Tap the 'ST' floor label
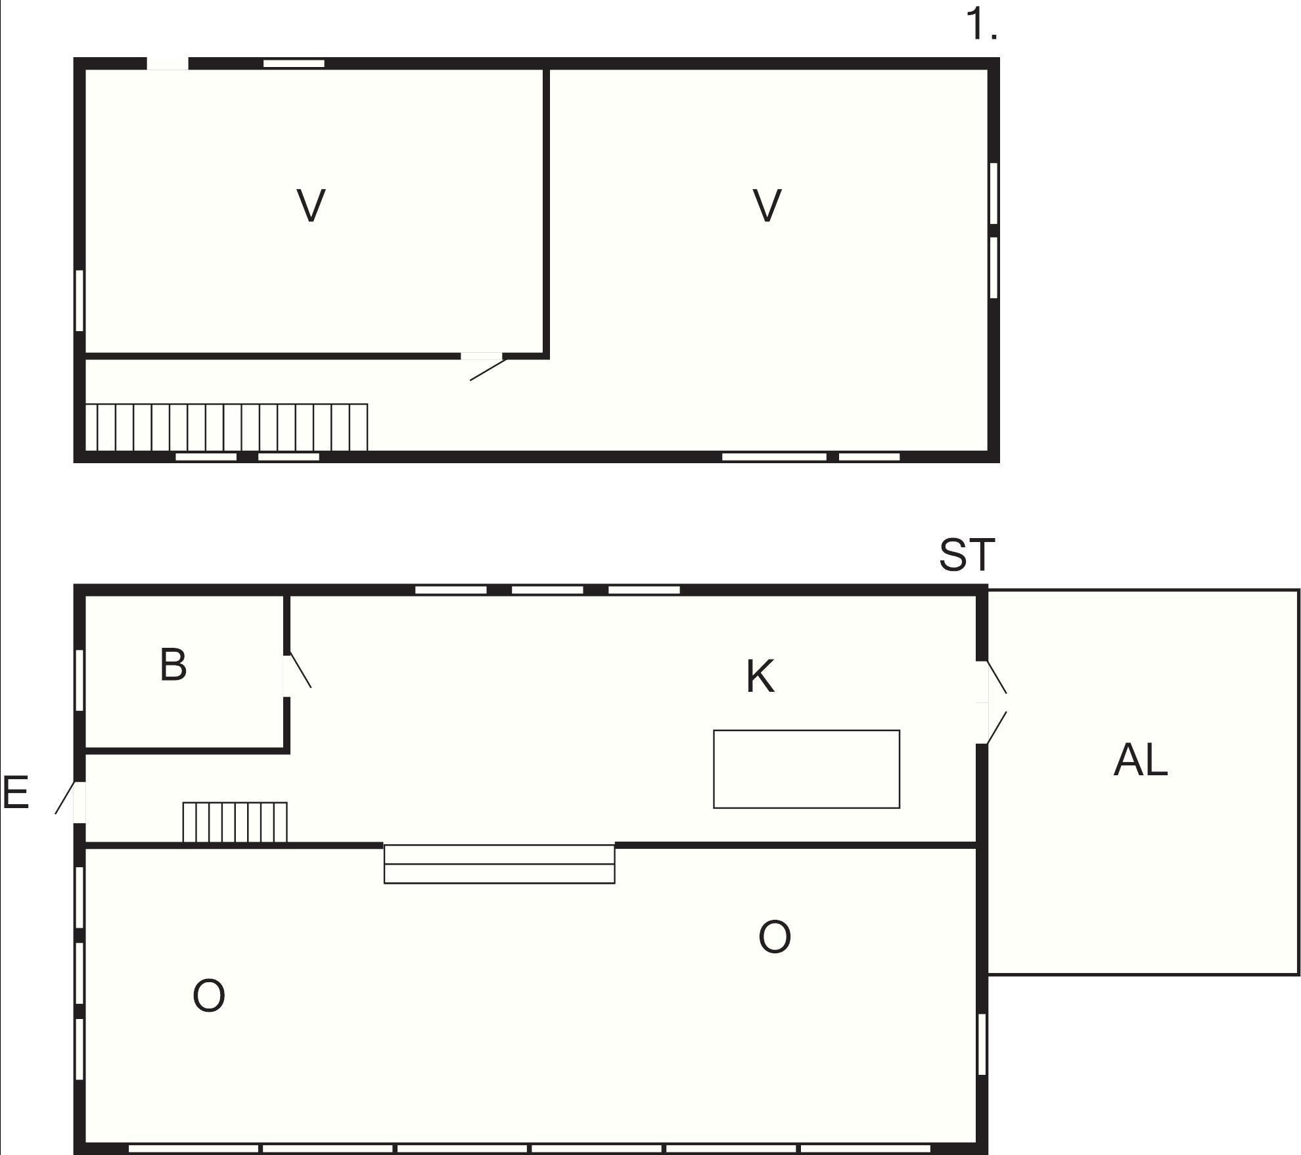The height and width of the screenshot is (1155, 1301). click(x=967, y=555)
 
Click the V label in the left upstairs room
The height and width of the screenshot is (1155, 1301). click(x=311, y=206)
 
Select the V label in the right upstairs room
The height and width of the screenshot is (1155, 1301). click(x=767, y=206)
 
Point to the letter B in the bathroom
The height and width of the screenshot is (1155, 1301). click(x=173, y=664)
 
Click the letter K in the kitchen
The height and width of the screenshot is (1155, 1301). click(x=760, y=676)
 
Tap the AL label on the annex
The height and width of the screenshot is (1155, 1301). click(x=1141, y=760)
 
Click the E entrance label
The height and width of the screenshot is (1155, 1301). click(x=16, y=792)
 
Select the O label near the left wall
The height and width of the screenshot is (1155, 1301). click(x=209, y=995)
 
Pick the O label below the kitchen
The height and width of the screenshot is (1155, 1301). click(x=775, y=937)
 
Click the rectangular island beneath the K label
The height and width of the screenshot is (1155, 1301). click(x=806, y=769)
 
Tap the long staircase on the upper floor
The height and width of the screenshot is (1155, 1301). click(x=227, y=428)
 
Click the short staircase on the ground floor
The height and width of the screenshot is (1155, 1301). click(x=235, y=822)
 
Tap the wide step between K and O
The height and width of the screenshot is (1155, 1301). click(x=499, y=864)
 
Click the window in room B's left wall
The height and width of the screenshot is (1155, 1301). click(x=80, y=680)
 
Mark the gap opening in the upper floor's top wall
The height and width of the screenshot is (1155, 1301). click(x=168, y=64)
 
